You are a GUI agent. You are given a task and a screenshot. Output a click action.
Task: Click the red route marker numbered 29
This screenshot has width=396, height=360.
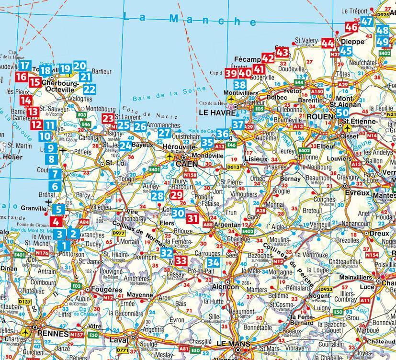(177, 195)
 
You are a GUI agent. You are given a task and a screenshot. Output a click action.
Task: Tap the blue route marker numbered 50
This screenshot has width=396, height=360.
(342, 113)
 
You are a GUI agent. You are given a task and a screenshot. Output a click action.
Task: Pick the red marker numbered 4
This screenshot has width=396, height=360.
(56, 222)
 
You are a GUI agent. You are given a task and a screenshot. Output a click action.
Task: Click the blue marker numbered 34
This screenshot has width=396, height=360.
(213, 262)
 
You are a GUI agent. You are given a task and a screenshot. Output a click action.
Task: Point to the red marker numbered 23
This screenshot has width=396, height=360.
(109, 119)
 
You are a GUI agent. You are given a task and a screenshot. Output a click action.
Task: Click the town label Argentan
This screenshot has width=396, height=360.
(227, 225)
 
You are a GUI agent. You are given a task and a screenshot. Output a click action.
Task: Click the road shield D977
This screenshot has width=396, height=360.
(118, 233)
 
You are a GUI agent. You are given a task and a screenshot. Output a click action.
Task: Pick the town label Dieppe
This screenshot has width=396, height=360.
(354, 42)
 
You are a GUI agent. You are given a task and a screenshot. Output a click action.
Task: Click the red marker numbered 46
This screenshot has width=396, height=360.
(351, 27)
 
